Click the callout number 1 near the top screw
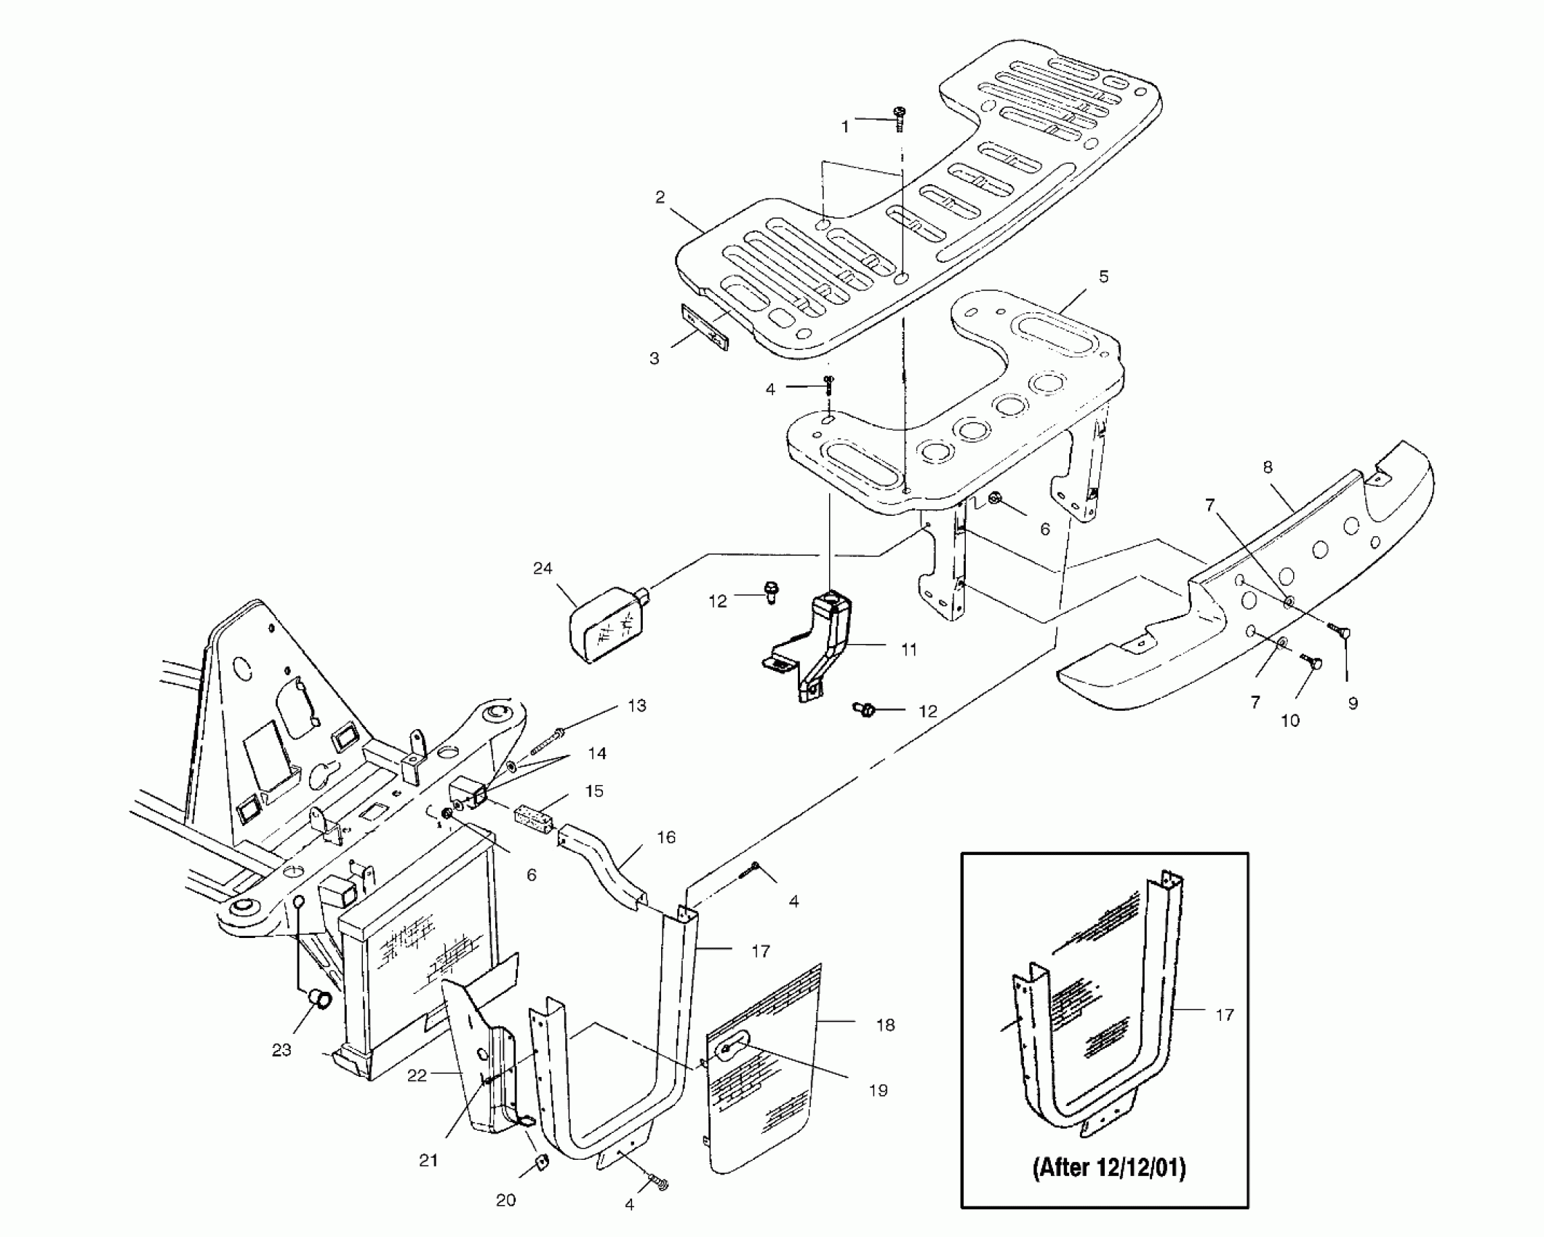(845, 127)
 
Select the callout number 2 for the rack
(660, 197)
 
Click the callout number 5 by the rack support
(1103, 277)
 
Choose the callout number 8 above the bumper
(1268, 467)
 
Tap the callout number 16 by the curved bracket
(665, 838)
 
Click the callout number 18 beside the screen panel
(885, 1025)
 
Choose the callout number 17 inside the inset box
(1225, 1014)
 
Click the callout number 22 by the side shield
(416, 1075)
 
